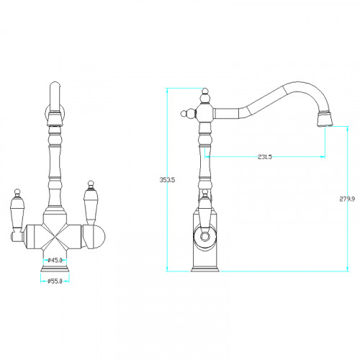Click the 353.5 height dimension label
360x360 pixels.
(x=167, y=179)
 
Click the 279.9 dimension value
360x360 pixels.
(x=347, y=199)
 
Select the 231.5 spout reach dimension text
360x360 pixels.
(x=265, y=157)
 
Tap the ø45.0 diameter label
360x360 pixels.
(x=55, y=260)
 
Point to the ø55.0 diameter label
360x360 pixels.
(x=55, y=281)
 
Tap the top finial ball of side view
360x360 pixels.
(x=204, y=91)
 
